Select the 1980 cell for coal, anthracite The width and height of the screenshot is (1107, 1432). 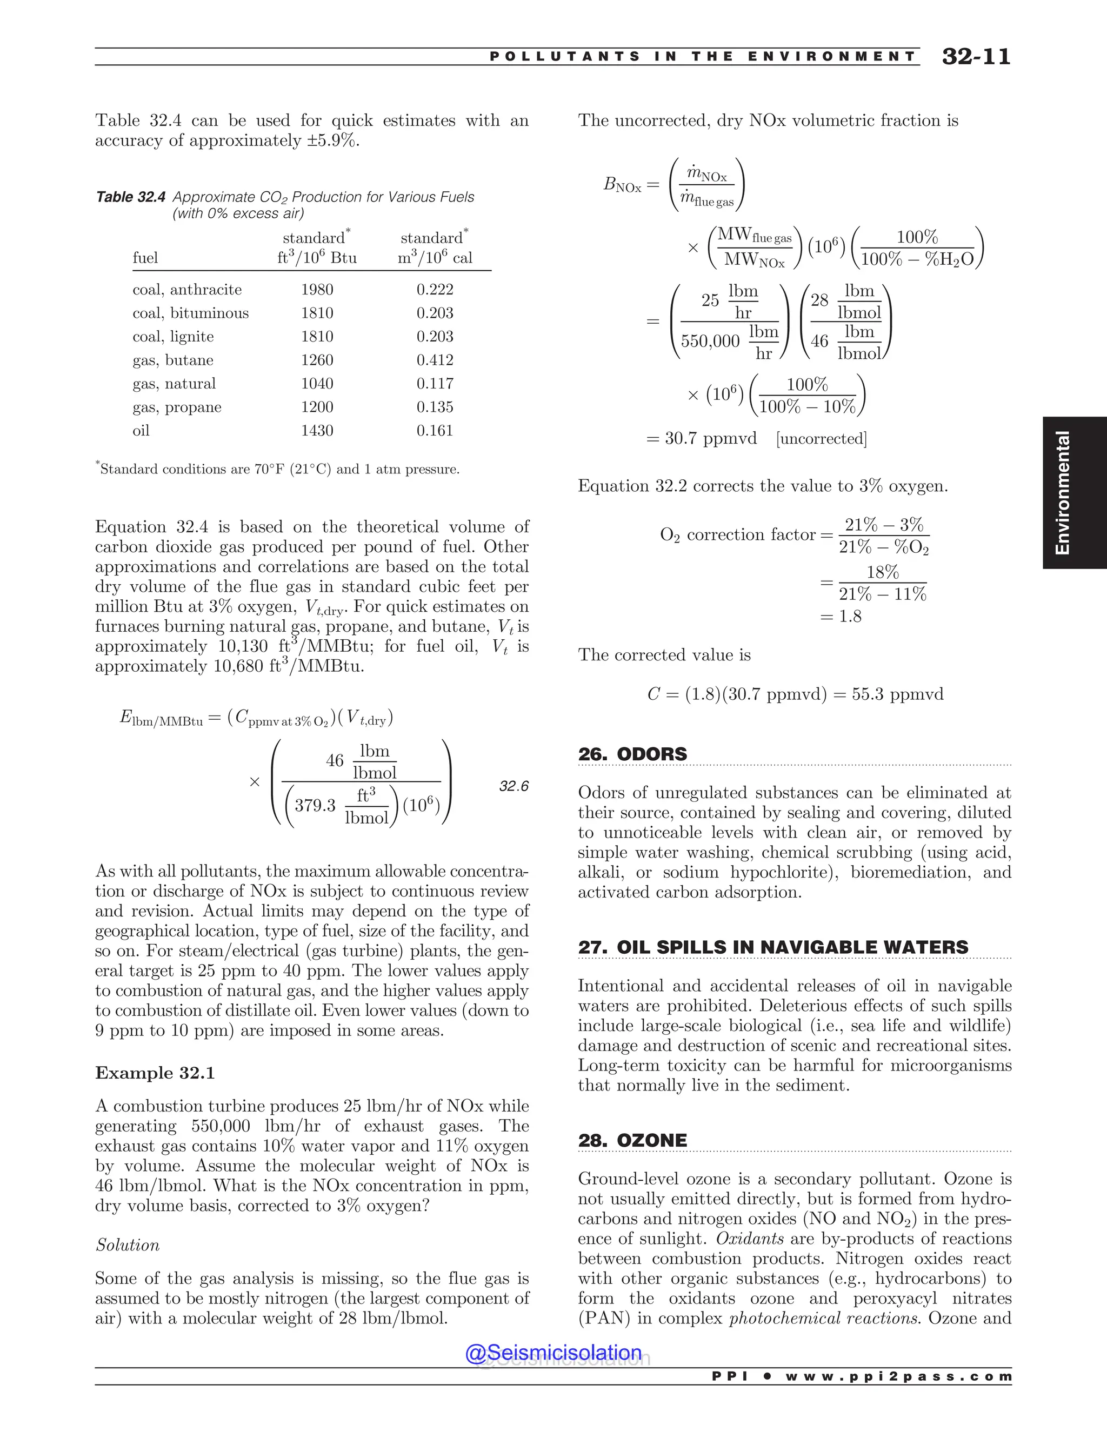click(317, 290)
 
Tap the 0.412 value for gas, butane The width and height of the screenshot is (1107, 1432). click(434, 360)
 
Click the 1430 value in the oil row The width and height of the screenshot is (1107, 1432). click(317, 431)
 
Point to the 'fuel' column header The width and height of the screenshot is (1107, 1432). click(145, 258)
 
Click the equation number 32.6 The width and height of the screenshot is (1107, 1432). click(514, 786)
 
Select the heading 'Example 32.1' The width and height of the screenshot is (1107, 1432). click(155, 1073)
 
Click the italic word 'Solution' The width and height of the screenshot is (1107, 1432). click(127, 1245)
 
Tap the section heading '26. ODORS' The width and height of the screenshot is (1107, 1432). click(632, 754)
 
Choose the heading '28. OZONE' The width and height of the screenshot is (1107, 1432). click(632, 1140)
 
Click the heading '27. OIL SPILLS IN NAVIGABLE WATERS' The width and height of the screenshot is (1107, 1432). click(772, 947)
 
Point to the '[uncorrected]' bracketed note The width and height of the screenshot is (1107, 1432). click(821, 439)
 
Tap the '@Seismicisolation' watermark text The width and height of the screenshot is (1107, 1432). click(553, 1353)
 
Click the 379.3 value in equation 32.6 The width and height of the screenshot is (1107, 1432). click(315, 805)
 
